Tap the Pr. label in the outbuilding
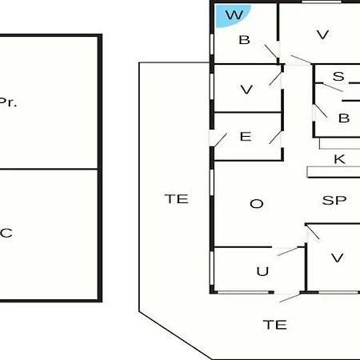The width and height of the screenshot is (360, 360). [x=8, y=102]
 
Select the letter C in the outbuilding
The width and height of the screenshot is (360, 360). [x=6, y=233]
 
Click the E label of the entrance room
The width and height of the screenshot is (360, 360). [x=246, y=137]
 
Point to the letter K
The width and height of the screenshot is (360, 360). [x=339, y=159]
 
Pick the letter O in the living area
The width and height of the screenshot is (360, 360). [x=257, y=204]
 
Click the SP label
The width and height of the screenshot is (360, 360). [x=334, y=200]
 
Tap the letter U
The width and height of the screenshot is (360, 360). [x=262, y=271]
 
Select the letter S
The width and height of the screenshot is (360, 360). [x=338, y=76]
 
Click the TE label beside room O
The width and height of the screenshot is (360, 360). [x=177, y=199]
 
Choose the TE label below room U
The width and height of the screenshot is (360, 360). [x=275, y=325]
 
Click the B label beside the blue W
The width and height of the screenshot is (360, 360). [x=244, y=40]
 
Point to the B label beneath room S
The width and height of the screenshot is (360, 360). [x=344, y=118]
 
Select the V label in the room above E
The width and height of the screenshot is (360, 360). [x=246, y=90]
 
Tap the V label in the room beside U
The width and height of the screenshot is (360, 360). [x=337, y=258]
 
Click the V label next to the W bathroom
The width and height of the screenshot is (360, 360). [x=322, y=34]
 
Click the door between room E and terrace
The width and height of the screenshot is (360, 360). [x=220, y=140]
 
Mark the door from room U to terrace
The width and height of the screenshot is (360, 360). [x=290, y=298]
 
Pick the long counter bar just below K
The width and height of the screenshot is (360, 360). [x=334, y=172]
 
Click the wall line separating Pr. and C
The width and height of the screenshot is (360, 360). [x=49, y=169]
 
